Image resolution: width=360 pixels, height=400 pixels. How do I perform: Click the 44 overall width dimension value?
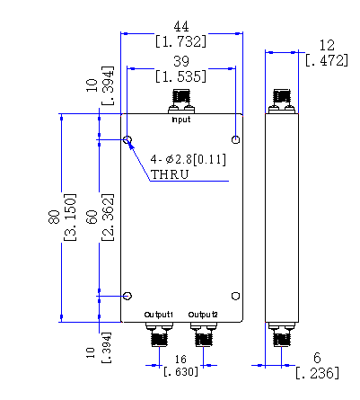tap(181, 27)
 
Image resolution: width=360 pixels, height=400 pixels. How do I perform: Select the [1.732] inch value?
tap(181, 41)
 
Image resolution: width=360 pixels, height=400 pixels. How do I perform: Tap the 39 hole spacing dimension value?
tap(181, 61)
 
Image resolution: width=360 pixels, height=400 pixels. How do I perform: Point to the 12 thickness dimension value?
tap(327, 46)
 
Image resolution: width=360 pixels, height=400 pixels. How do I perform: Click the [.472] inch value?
tap(327, 60)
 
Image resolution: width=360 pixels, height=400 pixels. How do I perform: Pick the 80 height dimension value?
tap(54, 217)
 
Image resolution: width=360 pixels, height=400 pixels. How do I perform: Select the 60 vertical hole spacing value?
tap(92, 217)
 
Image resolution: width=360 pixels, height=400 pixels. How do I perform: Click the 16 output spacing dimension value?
tap(180, 359)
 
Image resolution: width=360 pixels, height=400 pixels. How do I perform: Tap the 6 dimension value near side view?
tap(317, 358)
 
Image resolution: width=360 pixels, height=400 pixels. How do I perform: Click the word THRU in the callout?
tap(170, 174)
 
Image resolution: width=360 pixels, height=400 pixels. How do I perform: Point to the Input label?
tap(181, 120)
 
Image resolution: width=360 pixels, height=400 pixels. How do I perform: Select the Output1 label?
tap(159, 315)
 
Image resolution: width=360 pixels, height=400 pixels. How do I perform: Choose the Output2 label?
tap(203, 315)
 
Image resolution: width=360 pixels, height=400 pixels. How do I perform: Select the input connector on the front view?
tap(181, 102)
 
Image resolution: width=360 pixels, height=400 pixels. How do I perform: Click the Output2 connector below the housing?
tap(204, 334)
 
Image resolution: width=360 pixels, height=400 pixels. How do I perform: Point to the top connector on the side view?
tap(282, 102)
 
